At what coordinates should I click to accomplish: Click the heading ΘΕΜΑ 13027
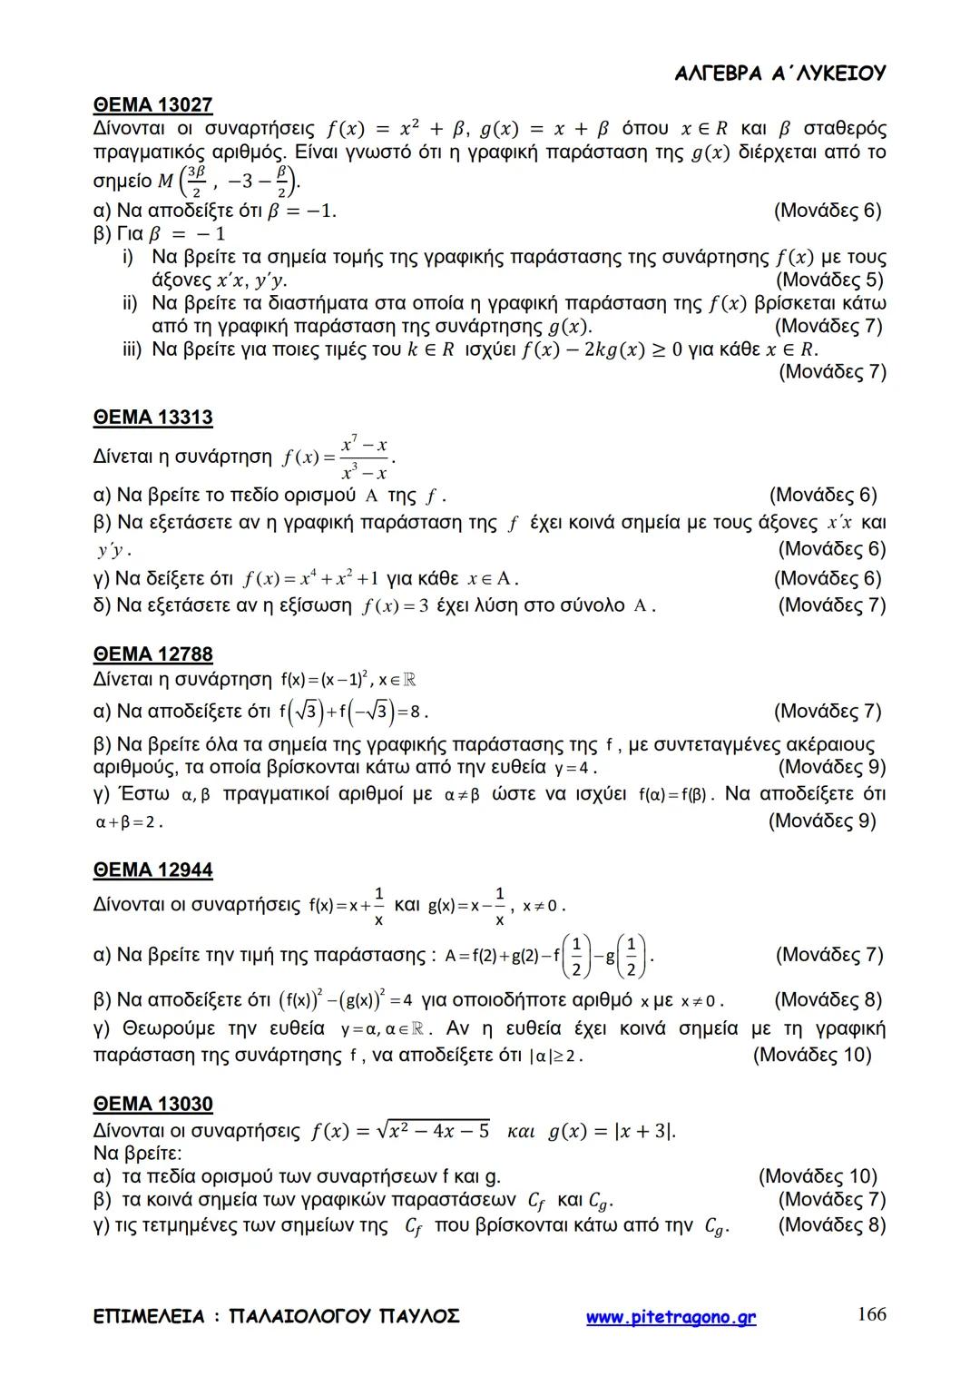click(152, 105)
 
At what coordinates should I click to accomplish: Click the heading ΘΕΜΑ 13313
click(152, 418)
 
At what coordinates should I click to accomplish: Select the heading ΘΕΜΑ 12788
click(152, 654)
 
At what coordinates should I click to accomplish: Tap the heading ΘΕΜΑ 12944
click(152, 870)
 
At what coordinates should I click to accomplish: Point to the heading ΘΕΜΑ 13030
click(152, 1105)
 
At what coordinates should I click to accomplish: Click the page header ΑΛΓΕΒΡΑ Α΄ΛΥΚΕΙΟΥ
click(780, 74)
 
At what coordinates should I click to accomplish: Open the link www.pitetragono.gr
click(671, 1318)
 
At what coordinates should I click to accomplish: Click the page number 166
click(871, 1314)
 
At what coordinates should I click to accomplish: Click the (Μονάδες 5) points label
click(830, 280)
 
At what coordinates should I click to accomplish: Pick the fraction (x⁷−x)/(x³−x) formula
click(364, 458)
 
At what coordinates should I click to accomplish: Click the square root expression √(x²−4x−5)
click(435, 1131)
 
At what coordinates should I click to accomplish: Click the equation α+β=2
click(127, 822)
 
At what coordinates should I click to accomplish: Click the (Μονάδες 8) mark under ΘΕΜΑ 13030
click(831, 1225)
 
